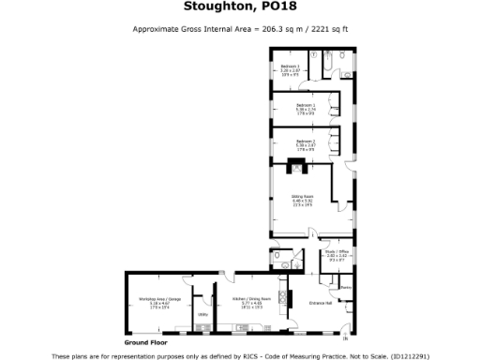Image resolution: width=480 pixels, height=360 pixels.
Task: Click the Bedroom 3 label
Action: tap(291, 66)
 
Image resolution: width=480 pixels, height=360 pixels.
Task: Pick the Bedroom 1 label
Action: tap(306, 104)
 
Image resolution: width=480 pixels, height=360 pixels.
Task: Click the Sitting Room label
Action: tap(303, 197)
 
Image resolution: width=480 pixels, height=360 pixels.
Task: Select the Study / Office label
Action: tap(335, 252)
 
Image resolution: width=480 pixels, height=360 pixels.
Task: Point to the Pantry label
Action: tap(345, 287)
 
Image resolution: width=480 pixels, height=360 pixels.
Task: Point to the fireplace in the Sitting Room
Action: tap(297, 171)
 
